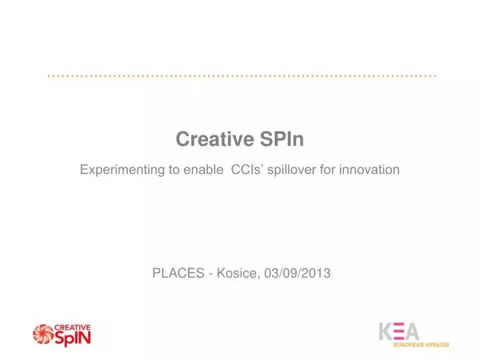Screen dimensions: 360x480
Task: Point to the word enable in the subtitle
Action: tap(205, 170)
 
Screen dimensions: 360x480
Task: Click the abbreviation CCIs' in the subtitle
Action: tap(248, 170)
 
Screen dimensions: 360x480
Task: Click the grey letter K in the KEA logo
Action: tap(387, 331)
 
